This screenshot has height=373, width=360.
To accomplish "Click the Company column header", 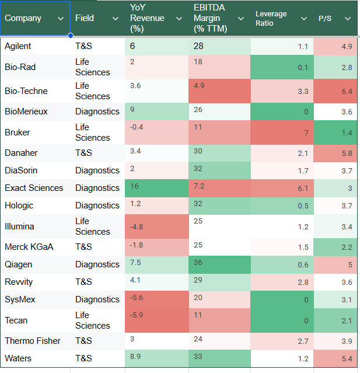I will click(x=23, y=18).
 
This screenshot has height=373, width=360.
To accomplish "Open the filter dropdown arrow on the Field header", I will click(x=116, y=19).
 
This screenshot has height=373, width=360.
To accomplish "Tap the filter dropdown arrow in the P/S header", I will click(x=348, y=19).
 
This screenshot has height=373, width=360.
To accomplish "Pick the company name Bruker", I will click(x=18, y=133).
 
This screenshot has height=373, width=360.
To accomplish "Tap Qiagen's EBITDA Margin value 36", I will click(x=199, y=262).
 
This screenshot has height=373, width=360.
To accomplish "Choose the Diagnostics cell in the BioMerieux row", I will click(x=97, y=111).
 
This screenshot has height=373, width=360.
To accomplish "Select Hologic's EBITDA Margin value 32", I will click(x=199, y=204).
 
